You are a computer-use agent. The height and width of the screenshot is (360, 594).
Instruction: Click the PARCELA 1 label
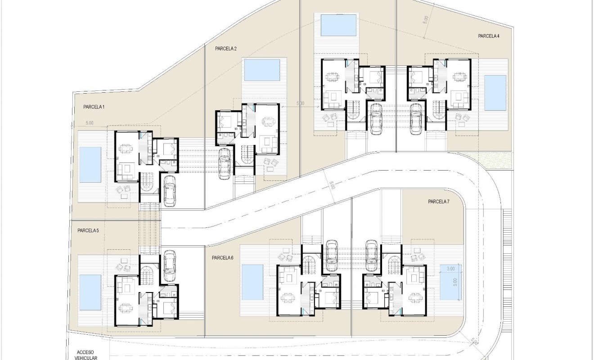tap(94, 107)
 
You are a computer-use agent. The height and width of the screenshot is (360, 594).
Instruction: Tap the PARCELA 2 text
tap(226, 49)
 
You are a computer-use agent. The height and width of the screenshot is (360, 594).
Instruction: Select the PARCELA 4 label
tap(489, 36)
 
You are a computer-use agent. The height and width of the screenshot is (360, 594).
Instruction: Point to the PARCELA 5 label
tap(88, 230)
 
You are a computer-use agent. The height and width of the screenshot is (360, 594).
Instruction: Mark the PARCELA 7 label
tap(439, 201)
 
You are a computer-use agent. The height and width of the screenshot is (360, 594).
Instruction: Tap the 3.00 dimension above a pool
tap(450, 269)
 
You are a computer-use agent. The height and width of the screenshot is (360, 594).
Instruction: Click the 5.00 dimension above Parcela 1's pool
tap(89, 122)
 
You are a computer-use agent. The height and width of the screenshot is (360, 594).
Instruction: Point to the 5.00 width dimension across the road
tap(332, 185)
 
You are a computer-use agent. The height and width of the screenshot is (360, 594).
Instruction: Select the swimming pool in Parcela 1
tap(90, 165)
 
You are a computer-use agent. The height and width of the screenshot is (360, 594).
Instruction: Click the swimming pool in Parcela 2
tap(262, 70)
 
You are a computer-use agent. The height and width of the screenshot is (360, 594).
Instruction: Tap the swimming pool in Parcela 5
tap(90, 292)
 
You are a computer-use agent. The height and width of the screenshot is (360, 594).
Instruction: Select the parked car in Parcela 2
tap(224, 163)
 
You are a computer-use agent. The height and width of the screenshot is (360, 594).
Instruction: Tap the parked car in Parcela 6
tap(331, 250)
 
